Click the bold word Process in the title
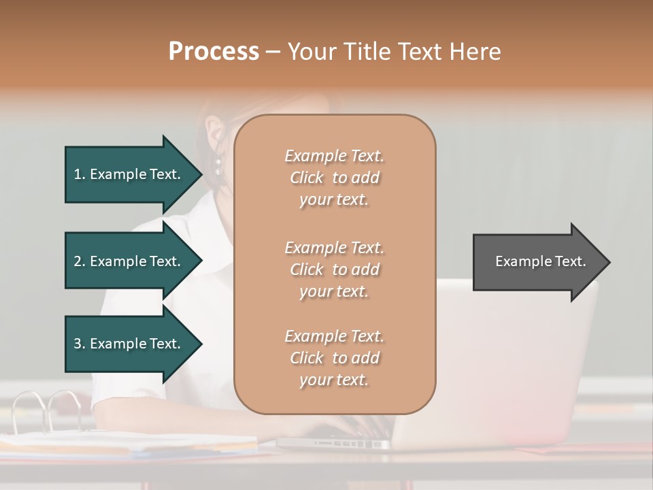coord(214,51)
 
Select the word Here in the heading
coord(476,51)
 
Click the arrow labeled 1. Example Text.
coord(133,174)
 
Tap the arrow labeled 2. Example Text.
coord(133,261)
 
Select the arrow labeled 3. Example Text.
coord(133,344)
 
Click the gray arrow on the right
coord(537,262)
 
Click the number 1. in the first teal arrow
coord(80,174)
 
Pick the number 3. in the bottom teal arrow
coord(80,344)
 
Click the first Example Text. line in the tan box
coord(334,156)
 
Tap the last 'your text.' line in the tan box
coord(334,380)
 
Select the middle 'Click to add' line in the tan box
coord(334,269)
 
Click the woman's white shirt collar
coord(197,245)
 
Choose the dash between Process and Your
coord(273,52)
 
